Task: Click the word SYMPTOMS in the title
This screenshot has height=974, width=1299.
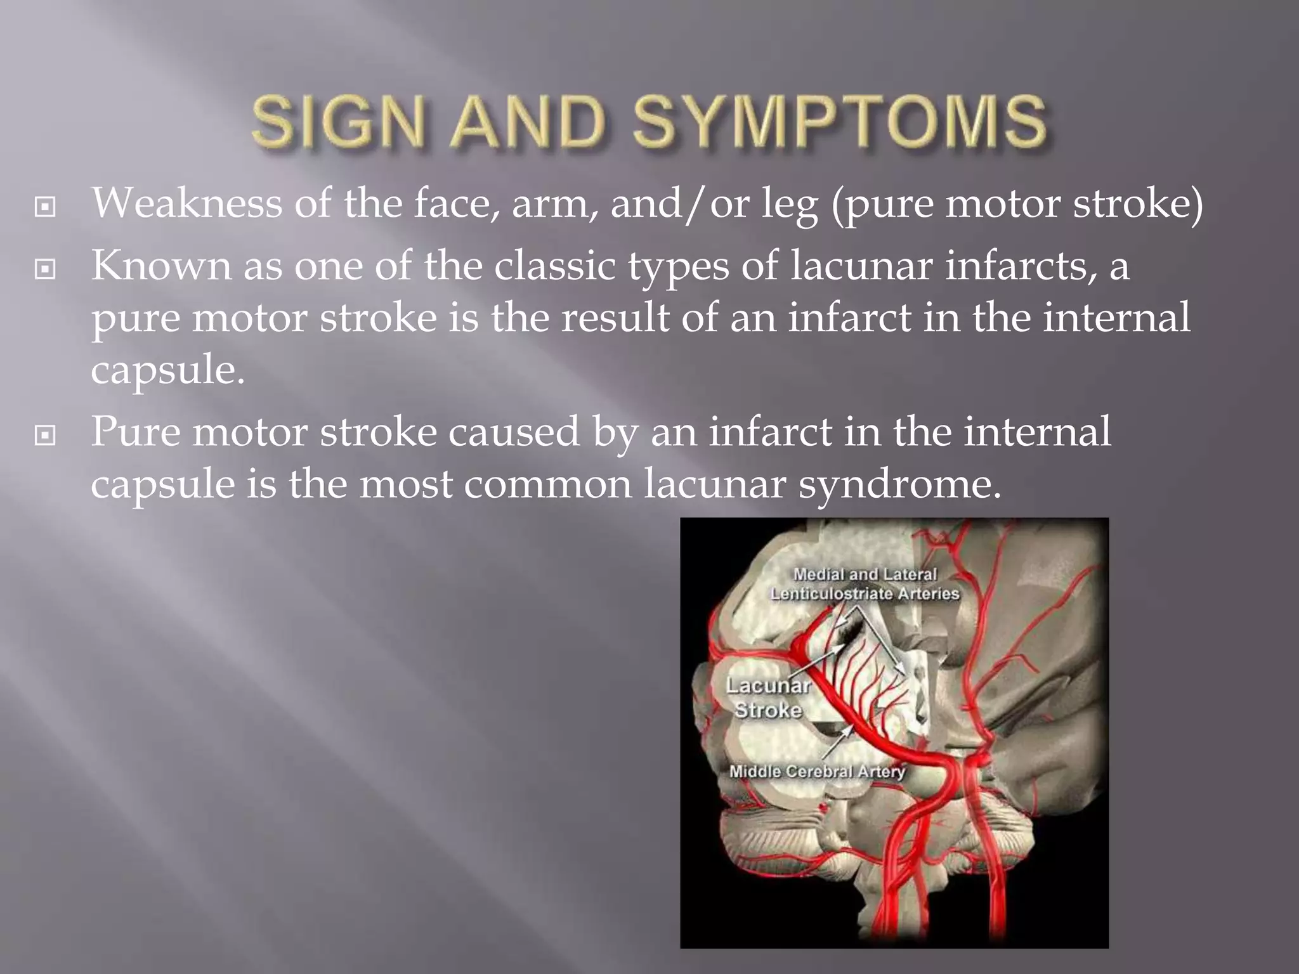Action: [x=839, y=121]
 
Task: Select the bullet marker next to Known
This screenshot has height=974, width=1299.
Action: [x=45, y=269]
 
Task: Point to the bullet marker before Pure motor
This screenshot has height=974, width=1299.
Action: [x=45, y=435]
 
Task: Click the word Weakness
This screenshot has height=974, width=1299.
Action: [x=186, y=204]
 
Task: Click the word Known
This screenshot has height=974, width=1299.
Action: [x=161, y=265]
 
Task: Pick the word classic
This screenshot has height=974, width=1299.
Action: [x=554, y=265]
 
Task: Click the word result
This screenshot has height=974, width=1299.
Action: [x=615, y=317]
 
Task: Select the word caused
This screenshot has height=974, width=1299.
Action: [x=514, y=432]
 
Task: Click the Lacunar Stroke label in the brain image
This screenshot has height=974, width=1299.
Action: [x=768, y=698]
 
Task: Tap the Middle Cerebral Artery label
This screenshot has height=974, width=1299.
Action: [x=817, y=772]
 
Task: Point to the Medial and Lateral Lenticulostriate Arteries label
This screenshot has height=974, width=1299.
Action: [x=865, y=584]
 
